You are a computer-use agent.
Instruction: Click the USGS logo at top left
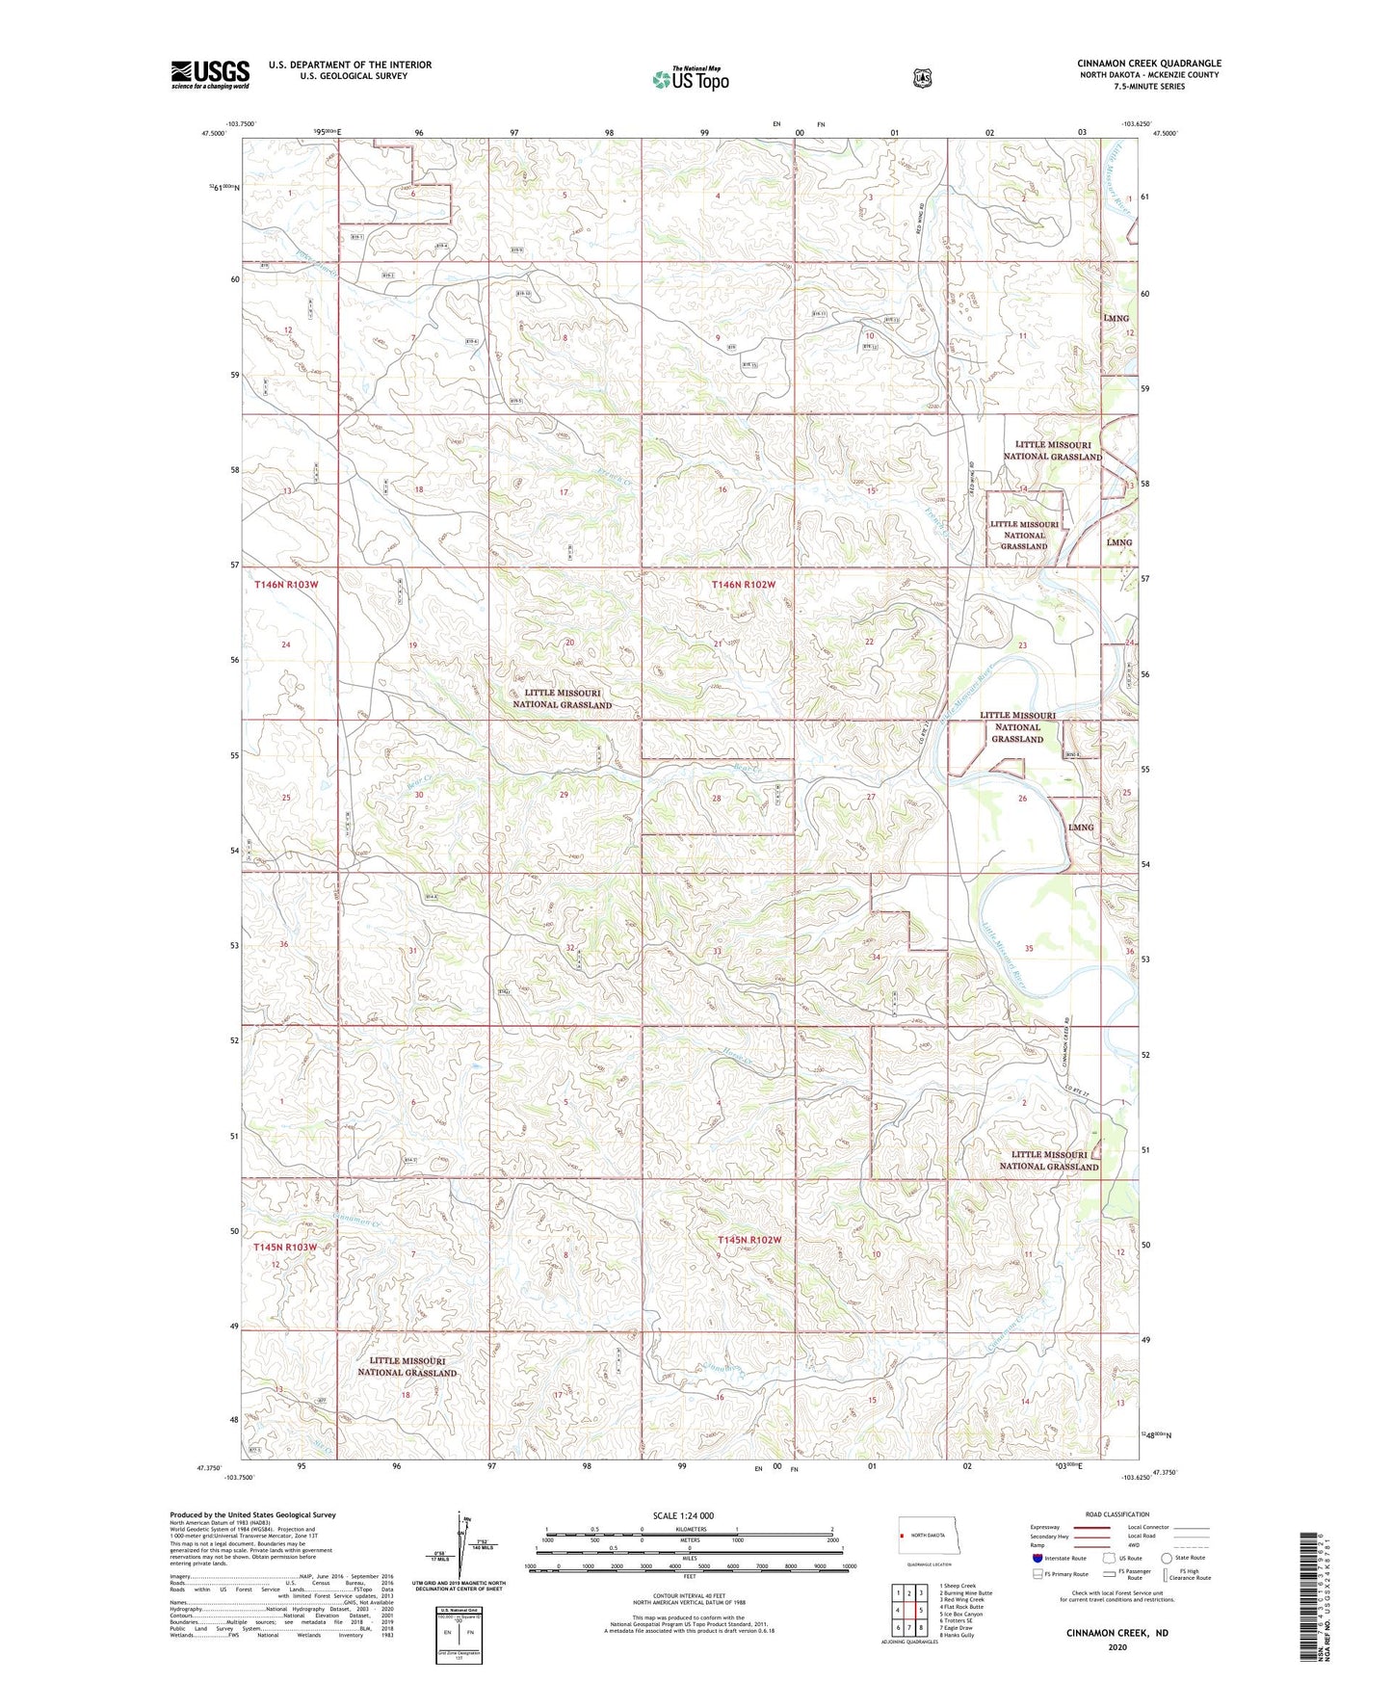coord(210,74)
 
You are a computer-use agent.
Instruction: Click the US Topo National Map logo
coord(690,78)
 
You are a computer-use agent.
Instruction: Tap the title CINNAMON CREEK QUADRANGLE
coord(1148,64)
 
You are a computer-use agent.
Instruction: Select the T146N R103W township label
coord(286,585)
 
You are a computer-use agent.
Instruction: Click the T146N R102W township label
coord(743,585)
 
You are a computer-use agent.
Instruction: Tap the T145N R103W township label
coord(284,1248)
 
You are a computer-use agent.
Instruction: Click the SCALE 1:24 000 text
coord(683,1516)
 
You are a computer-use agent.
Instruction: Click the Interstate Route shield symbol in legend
coord(1037,1558)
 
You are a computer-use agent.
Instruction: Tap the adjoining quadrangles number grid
coord(909,1610)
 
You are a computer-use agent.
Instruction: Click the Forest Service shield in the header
coord(922,78)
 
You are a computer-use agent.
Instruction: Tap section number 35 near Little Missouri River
coord(1029,949)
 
